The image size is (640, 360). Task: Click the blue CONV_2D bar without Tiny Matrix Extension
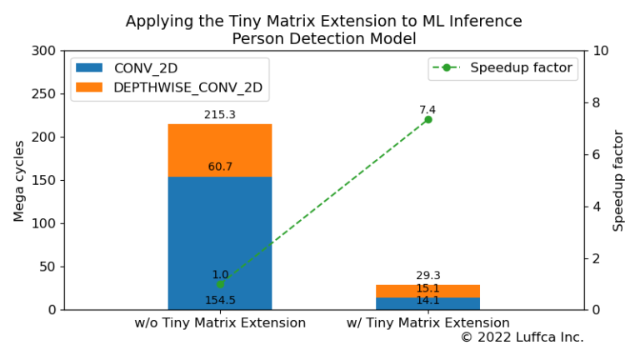[220, 242]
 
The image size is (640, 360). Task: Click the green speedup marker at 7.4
[428, 119]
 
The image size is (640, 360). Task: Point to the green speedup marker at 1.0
[220, 284]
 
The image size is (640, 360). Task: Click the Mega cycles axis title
[19, 180]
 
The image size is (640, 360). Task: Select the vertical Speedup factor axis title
[618, 180]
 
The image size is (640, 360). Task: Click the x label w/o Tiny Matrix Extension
[220, 322]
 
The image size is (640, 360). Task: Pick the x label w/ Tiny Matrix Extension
[428, 322]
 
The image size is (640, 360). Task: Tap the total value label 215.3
[220, 114]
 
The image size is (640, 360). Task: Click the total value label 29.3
[428, 275]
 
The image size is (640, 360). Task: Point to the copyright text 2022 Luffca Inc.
[522, 337]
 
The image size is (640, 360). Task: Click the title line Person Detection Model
[324, 37]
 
